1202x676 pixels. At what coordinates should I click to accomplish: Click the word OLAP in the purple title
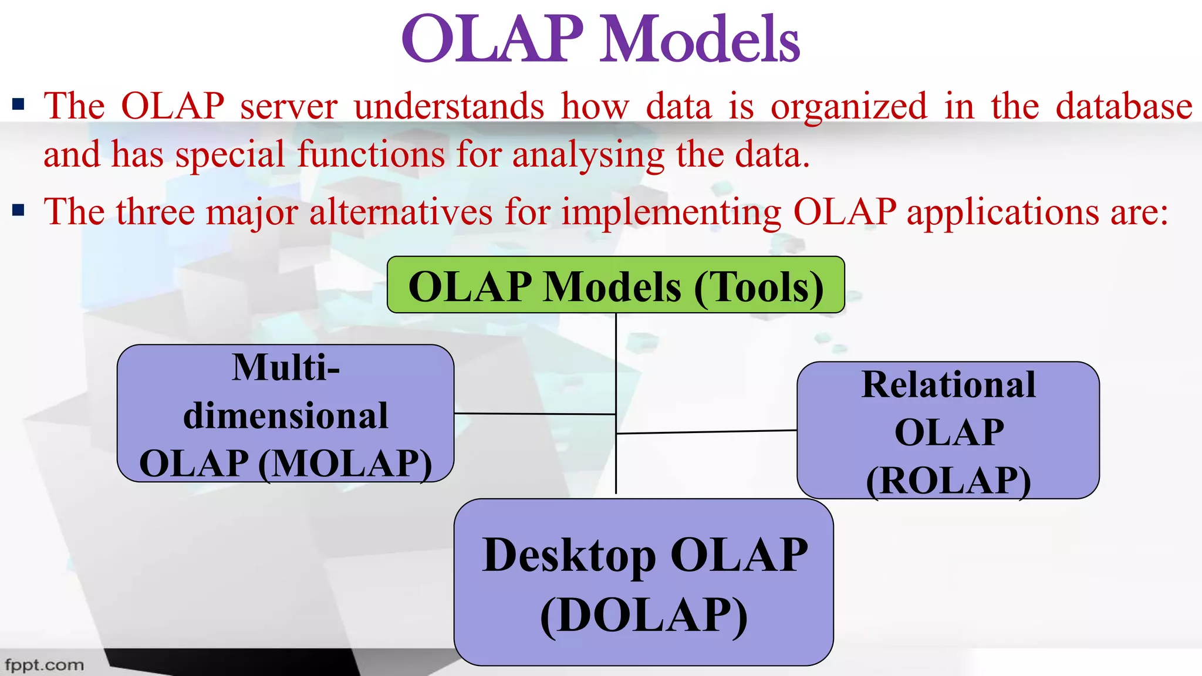[x=493, y=40]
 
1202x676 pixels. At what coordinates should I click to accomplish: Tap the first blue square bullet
[x=18, y=106]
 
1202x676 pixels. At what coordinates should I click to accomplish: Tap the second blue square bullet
[x=18, y=211]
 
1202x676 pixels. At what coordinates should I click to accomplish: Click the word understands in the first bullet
[x=449, y=107]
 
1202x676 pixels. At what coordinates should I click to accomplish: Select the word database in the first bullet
[x=1123, y=107]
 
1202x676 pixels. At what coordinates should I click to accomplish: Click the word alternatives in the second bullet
[x=401, y=212]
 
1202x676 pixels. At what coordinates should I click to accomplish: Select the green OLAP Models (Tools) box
[x=616, y=285]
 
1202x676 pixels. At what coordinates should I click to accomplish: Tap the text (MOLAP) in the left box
[x=345, y=464]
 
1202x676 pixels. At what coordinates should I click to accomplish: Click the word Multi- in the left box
[x=286, y=369]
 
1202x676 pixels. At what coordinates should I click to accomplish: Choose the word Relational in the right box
[x=948, y=386]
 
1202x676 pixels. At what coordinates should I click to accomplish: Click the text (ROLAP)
[x=948, y=481]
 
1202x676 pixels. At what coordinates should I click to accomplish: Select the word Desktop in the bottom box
[x=569, y=556]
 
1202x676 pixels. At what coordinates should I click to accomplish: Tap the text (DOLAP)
[x=644, y=616]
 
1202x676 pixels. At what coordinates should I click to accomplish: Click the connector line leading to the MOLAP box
[x=534, y=414]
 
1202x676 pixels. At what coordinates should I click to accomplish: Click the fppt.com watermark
[x=44, y=665]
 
